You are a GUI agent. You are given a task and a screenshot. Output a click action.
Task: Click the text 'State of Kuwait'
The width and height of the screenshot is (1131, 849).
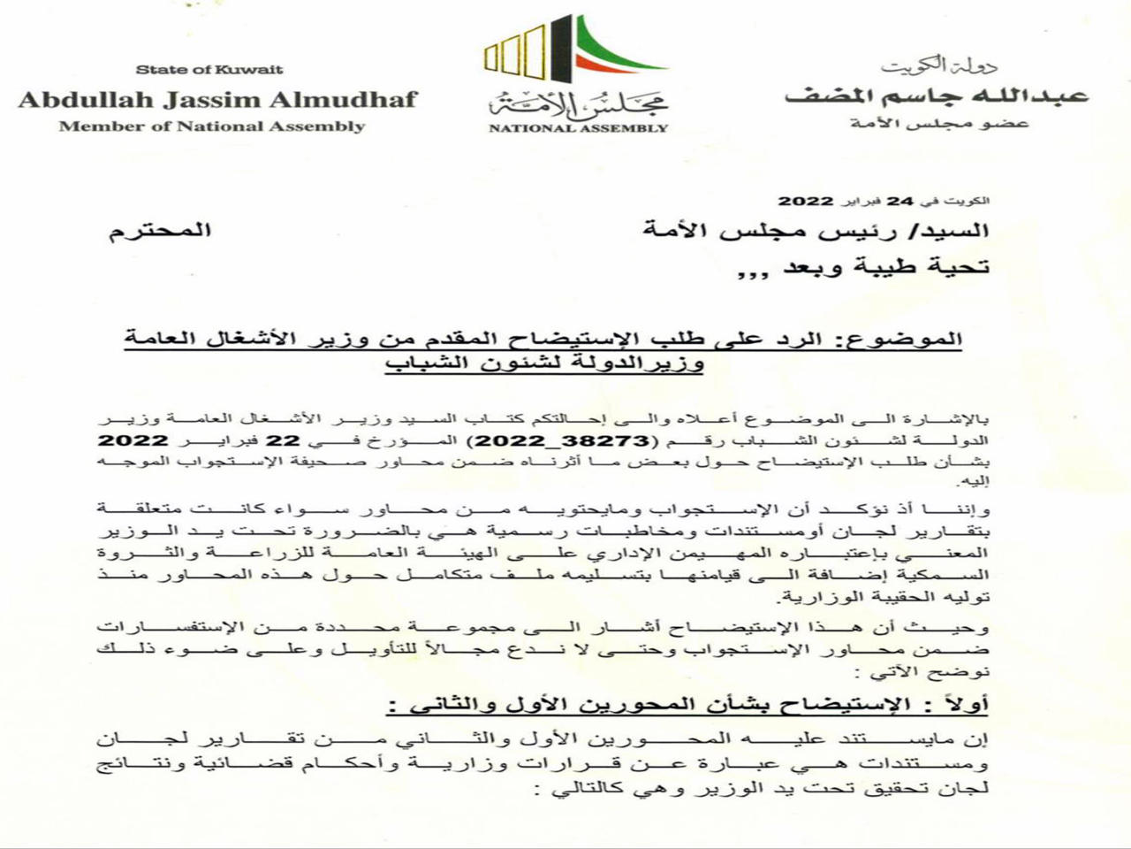(209, 69)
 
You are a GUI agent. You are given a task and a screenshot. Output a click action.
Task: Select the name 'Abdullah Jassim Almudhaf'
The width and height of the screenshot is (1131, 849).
(217, 98)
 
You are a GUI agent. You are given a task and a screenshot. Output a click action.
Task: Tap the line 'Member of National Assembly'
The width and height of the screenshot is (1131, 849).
(212, 126)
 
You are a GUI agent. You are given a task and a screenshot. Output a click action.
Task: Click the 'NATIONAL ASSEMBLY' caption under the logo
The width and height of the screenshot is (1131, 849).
(578, 128)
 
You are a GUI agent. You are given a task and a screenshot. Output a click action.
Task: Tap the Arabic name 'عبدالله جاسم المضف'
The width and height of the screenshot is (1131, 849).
(936, 95)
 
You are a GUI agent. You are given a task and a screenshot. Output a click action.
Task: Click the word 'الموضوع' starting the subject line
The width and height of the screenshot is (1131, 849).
(916, 340)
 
